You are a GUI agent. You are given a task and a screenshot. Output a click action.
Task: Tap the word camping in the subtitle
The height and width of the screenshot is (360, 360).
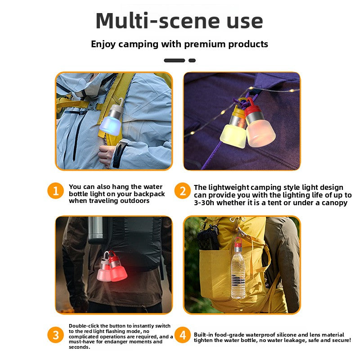[x=138, y=44]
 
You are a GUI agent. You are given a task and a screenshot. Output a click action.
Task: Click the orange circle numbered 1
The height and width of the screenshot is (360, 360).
[x=55, y=191]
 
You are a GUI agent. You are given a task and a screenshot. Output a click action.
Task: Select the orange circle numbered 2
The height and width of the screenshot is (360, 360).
[x=183, y=191]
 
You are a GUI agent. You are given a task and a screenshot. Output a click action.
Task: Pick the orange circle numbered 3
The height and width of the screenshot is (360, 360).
[x=55, y=335]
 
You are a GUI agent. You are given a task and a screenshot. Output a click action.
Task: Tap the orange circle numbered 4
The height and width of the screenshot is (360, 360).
[x=183, y=335]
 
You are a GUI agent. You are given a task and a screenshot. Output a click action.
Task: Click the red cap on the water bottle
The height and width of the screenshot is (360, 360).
[x=238, y=242]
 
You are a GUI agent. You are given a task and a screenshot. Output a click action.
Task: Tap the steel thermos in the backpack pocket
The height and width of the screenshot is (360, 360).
[x=95, y=229]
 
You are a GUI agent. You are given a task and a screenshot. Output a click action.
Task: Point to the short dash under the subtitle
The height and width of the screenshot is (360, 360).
[x=192, y=60]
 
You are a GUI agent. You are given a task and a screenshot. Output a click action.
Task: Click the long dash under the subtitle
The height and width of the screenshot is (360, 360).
[x=175, y=60]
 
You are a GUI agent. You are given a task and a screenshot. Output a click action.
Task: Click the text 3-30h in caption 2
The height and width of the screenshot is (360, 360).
[x=204, y=203]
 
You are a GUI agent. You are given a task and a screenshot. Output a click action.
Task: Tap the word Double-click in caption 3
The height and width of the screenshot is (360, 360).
[x=84, y=326]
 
